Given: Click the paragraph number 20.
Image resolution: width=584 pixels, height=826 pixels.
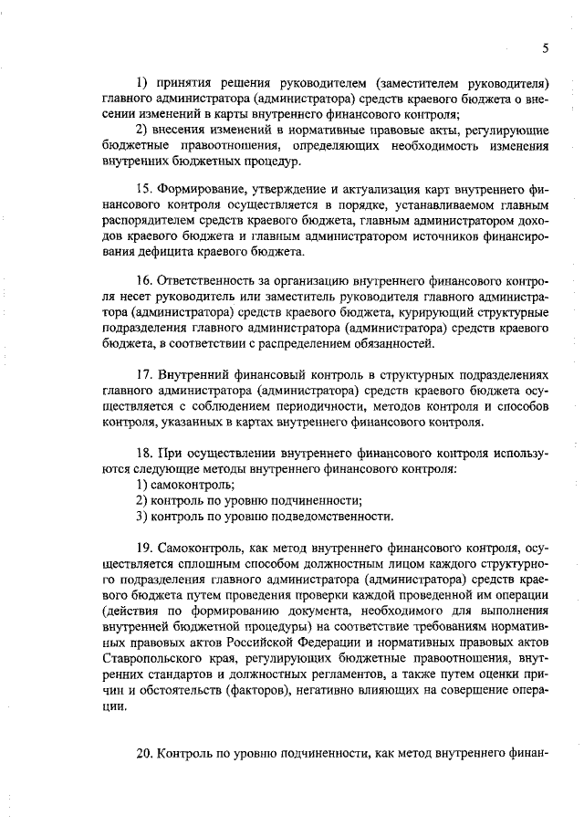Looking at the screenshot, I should pos(143,754).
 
